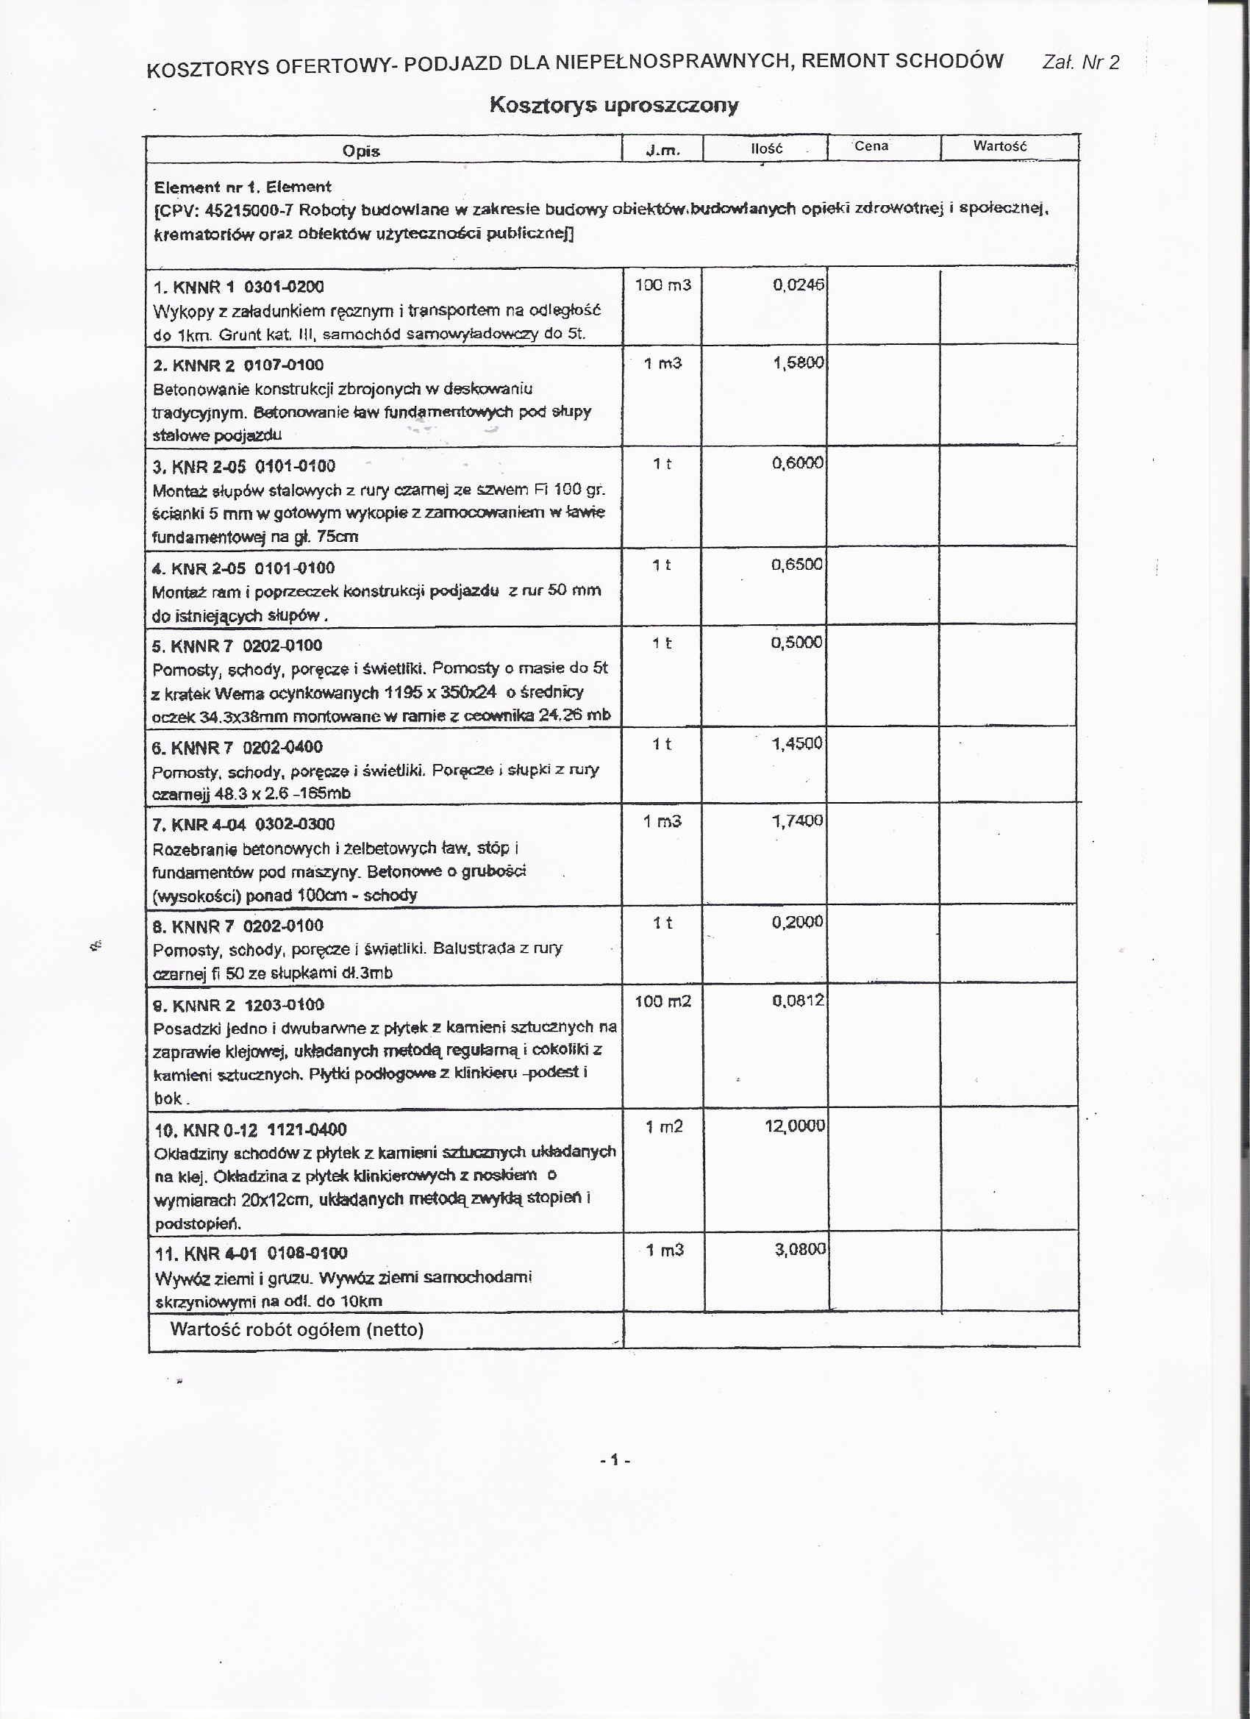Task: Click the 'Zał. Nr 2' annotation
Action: click(1080, 62)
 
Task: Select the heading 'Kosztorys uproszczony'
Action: click(613, 104)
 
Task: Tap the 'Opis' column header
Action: click(361, 151)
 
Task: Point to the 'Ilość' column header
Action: click(765, 149)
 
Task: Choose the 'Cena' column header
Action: click(871, 146)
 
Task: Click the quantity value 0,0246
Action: click(799, 285)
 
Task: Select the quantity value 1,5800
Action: click(799, 363)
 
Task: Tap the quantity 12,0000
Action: click(794, 1126)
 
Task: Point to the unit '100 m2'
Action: click(662, 1002)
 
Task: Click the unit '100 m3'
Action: click(662, 285)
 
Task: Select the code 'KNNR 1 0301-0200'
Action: click(248, 287)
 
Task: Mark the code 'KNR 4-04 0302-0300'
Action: click(253, 824)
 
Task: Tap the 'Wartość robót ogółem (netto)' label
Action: click(296, 1329)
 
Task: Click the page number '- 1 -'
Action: click(615, 1459)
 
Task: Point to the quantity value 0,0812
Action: click(799, 1001)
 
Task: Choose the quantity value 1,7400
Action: click(798, 821)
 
